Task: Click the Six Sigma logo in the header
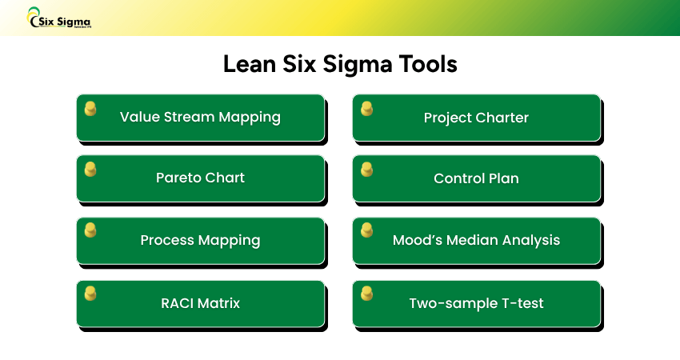[59, 18]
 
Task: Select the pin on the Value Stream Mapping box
[90, 108]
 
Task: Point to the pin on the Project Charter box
[366, 108]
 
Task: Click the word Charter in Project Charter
[502, 118]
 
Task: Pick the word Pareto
[178, 178]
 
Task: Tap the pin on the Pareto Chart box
[90, 169]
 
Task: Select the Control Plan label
[476, 178]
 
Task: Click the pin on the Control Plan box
[366, 169]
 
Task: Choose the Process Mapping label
[200, 240]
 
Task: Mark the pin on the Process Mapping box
[90, 230]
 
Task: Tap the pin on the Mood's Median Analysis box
[366, 230]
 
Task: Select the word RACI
[178, 303]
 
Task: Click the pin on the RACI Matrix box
[90, 293]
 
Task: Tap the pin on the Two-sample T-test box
[366, 293]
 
